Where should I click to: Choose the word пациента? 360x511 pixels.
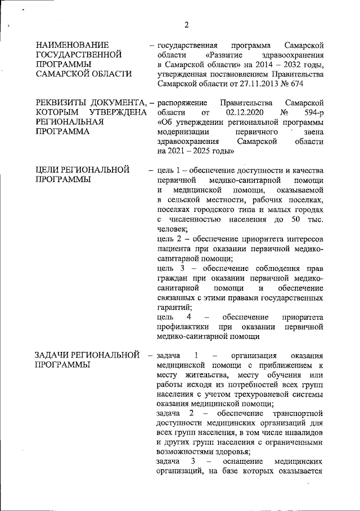click(175, 250)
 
